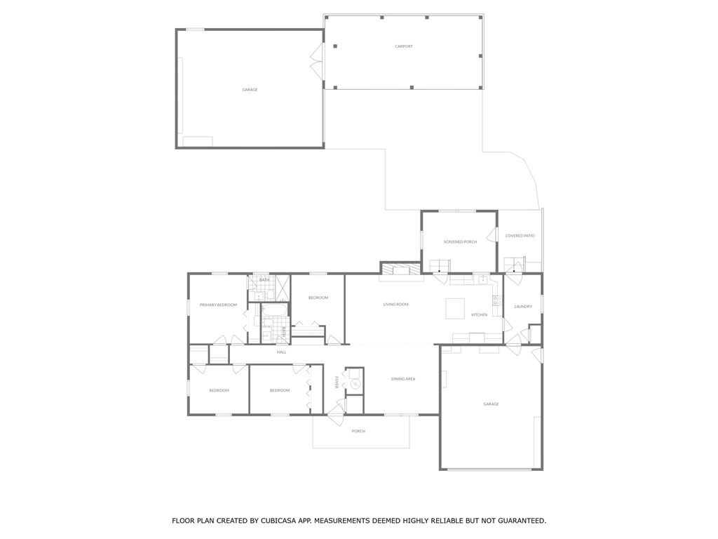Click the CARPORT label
404,46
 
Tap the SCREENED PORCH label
460,241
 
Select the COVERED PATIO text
520,236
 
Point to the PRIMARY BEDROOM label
218,305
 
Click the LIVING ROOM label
395,305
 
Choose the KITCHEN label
479,314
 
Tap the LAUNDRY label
523,307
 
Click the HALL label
281,352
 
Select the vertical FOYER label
337,382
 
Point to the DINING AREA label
403,379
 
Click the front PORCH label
358,431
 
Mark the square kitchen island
456,308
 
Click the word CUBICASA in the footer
280,521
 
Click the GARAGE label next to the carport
250,90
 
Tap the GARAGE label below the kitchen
491,404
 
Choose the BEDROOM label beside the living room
318,298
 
